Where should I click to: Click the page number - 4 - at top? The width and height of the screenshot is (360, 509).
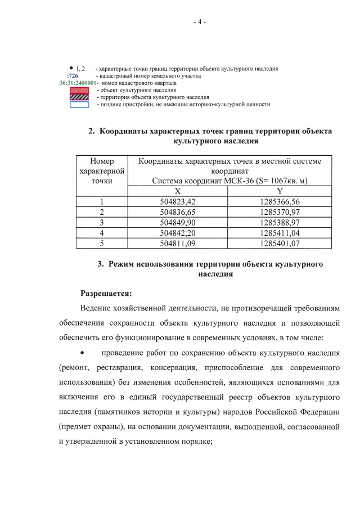(199, 22)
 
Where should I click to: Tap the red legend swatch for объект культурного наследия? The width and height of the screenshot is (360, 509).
(79, 89)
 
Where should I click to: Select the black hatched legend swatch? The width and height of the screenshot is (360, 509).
(79, 97)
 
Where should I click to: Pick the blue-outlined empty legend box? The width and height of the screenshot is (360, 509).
(79, 104)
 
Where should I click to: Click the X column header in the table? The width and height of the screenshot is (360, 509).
(177, 191)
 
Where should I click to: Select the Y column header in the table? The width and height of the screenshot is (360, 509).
(280, 191)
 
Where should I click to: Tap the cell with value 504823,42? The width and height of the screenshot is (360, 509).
(177, 202)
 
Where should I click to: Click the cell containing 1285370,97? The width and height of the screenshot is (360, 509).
(280, 212)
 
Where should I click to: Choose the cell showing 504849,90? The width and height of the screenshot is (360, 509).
(177, 223)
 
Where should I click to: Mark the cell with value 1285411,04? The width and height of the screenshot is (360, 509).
(280, 233)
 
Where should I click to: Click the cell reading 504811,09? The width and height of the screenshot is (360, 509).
(177, 244)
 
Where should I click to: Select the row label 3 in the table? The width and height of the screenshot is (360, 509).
(102, 223)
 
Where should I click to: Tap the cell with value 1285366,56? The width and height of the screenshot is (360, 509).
(280, 202)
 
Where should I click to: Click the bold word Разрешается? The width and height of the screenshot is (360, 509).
(106, 293)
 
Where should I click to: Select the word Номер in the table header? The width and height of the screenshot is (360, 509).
(102, 161)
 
